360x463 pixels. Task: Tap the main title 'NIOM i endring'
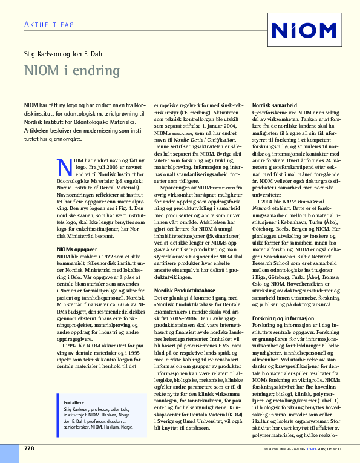[x=72, y=70]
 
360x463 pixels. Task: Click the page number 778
[x=29, y=448]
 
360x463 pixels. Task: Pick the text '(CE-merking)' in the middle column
[x=188, y=113]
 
